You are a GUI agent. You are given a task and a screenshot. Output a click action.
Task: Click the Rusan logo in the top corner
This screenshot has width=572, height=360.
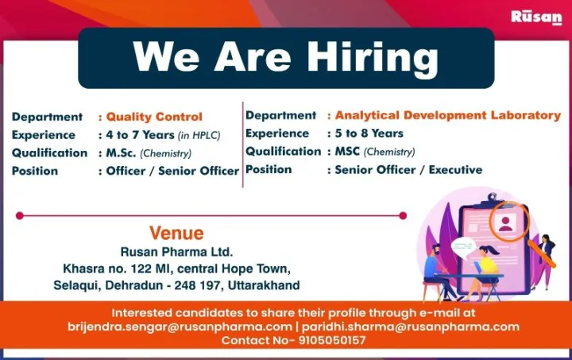[536, 17]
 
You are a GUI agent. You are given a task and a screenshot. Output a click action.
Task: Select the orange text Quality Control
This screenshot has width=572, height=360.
[154, 117]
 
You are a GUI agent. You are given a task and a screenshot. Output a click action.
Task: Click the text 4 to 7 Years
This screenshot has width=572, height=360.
[140, 135]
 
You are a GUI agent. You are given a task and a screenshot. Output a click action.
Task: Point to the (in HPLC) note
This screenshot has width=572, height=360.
[199, 136]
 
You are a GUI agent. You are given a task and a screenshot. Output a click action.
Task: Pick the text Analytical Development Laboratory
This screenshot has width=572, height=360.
[447, 115]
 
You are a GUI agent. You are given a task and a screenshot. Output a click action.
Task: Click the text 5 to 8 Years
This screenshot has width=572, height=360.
[369, 134]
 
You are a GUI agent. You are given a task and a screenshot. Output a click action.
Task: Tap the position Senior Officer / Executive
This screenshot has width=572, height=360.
[408, 170]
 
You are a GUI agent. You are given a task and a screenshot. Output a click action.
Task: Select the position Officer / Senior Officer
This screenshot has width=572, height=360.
[172, 171]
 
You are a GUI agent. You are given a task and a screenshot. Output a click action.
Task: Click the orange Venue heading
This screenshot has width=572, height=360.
[176, 233]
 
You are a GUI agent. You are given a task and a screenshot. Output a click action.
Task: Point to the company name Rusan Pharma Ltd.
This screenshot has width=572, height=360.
[176, 252]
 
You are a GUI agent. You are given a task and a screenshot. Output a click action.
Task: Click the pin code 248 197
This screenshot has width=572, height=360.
[197, 285]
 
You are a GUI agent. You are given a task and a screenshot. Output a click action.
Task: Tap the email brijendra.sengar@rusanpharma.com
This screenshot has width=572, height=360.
[180, 327]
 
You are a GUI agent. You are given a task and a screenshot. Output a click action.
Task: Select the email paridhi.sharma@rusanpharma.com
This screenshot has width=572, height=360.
[411, 327]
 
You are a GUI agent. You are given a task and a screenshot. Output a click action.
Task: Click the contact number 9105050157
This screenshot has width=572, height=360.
[332, 340]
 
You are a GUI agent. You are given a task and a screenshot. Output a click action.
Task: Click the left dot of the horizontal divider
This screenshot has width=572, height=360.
[20, 215]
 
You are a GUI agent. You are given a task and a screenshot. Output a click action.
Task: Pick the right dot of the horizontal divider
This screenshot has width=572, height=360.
[403, 215]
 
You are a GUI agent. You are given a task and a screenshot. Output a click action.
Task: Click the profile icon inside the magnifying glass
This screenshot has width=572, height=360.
[505, 223]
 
